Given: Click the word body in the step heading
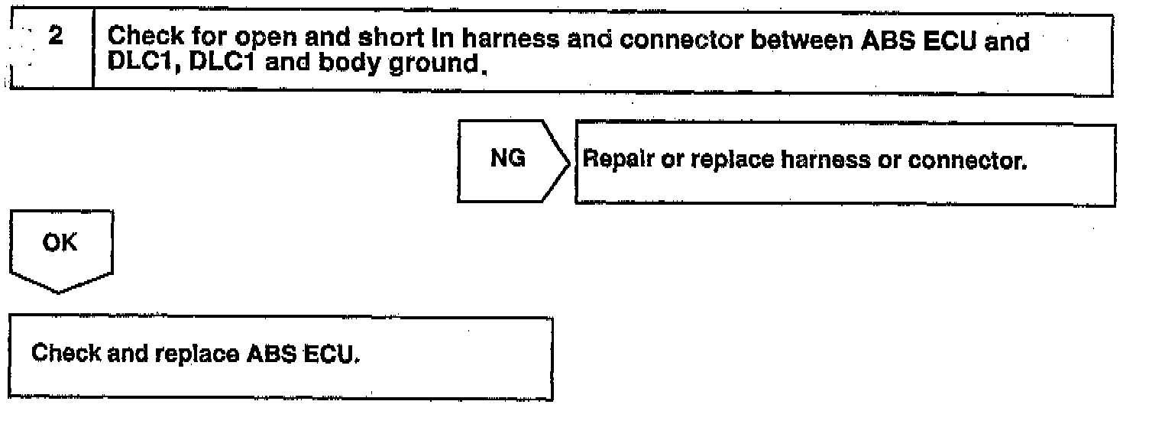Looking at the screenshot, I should click(x=332, y=61).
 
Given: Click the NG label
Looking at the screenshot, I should click(x=507, y=160).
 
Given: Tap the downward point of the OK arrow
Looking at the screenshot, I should click(x=60, y=291).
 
